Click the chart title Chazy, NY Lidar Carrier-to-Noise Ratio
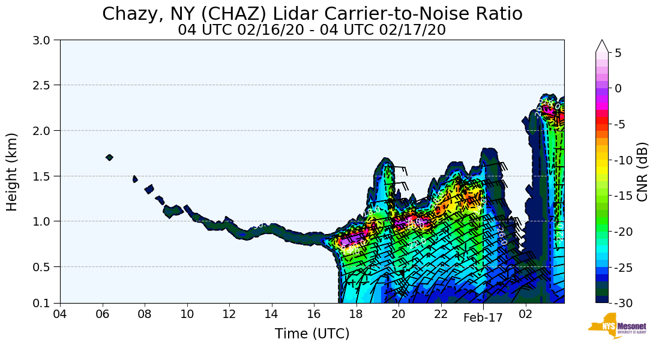[312, 14]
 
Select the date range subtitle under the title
[312, 29]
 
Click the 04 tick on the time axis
[60, 314]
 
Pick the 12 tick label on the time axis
[229, 314]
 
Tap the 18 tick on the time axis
[356, 314]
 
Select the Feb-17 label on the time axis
[483, 318]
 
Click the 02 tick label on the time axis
[525, 314]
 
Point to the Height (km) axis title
[13, 172]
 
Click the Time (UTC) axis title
[312, 334]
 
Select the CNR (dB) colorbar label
[642, 172]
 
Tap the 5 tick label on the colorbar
[618, 53]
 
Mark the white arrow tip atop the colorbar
[602, 42]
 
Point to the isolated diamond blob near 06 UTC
[109, 157]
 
